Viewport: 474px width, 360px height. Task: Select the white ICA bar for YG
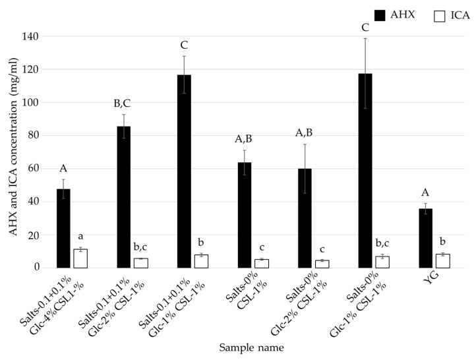pyautogui.click(x=443, y=261)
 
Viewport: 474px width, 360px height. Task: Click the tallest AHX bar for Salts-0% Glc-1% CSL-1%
pyautogui.click(x=365, y=171)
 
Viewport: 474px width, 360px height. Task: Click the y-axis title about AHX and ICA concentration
pyautogui.click(x=12, y=152)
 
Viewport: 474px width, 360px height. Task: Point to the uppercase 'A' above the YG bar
pyautogui.click(x=426, y=193)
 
